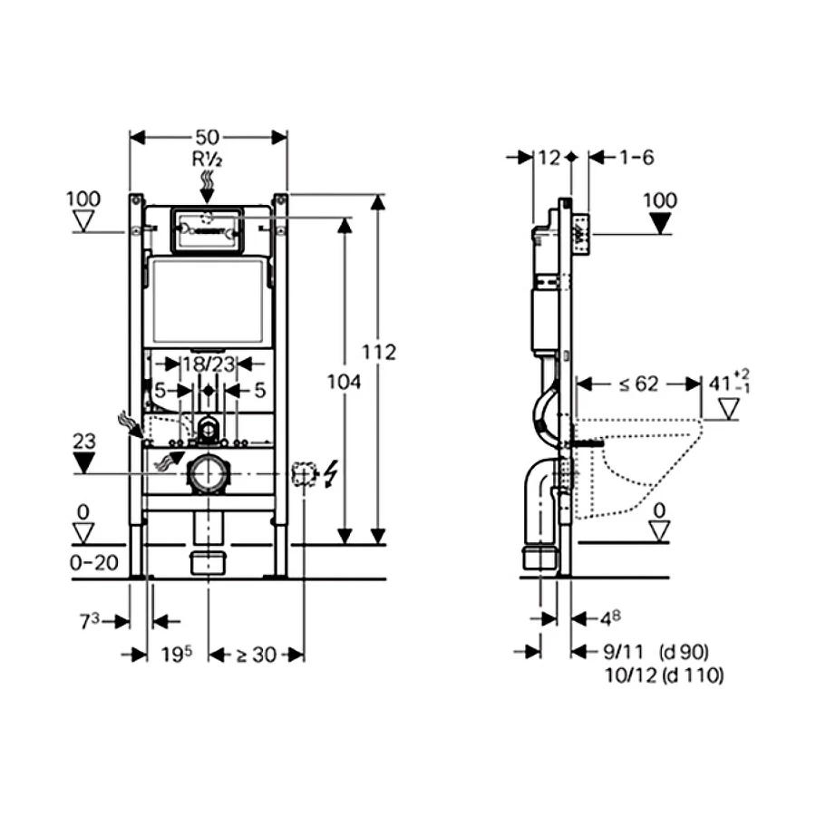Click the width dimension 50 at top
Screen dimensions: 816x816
tap(209, 137)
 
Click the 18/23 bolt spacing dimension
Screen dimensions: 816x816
tap(209, 364)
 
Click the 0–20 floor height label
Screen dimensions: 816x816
tap(94, 562)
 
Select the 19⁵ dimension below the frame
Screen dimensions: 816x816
tap(176, 654)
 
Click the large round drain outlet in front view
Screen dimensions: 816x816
tap(209, 475)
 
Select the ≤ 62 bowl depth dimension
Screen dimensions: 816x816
tap(638, 384)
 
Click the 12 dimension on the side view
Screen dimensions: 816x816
tap(549, 157)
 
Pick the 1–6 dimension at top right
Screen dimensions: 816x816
tap(636, 157)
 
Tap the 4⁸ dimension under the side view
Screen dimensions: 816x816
tap(610, 619)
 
